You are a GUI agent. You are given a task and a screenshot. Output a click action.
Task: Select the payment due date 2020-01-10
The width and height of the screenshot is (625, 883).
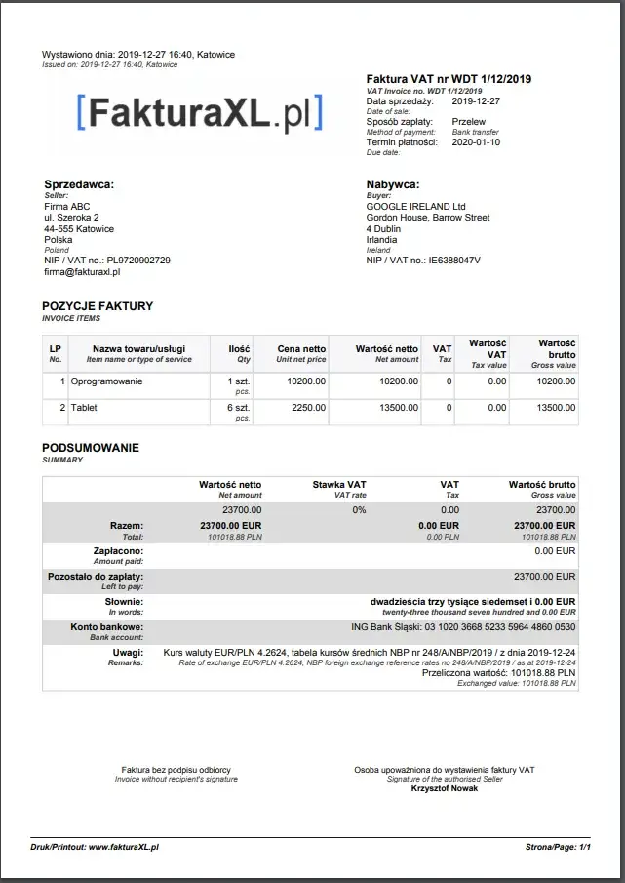coord(476,142)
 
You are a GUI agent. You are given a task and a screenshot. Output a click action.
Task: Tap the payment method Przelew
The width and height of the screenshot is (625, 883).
coord(469,122)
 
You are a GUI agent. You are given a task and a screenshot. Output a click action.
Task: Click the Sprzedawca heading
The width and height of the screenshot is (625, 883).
coord(79,184)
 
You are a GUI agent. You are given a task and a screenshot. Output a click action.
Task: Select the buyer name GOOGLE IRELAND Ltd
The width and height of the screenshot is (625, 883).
coord(416,207)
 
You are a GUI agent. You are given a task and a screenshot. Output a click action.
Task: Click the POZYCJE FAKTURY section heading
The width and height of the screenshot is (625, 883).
coord(98,306)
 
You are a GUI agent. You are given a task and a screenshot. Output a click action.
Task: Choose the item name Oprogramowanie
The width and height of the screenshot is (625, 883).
coord(106,381)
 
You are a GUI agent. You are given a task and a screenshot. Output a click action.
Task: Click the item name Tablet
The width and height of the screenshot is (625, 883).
coord(84,408)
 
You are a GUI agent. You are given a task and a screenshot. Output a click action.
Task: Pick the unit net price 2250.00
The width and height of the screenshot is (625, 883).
coord(308,408)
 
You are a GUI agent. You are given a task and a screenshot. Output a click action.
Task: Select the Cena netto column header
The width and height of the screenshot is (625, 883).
coord(301,348)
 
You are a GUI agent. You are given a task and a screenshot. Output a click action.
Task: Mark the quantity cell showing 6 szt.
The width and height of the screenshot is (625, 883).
coord(239,408)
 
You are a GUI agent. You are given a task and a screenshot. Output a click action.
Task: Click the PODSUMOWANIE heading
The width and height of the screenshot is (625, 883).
coord(91,448)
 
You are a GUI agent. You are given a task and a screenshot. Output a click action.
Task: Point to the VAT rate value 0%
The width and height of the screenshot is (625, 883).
coord(359,509)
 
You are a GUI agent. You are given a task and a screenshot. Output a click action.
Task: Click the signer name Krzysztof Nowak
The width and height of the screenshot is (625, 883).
coord(445,788)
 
